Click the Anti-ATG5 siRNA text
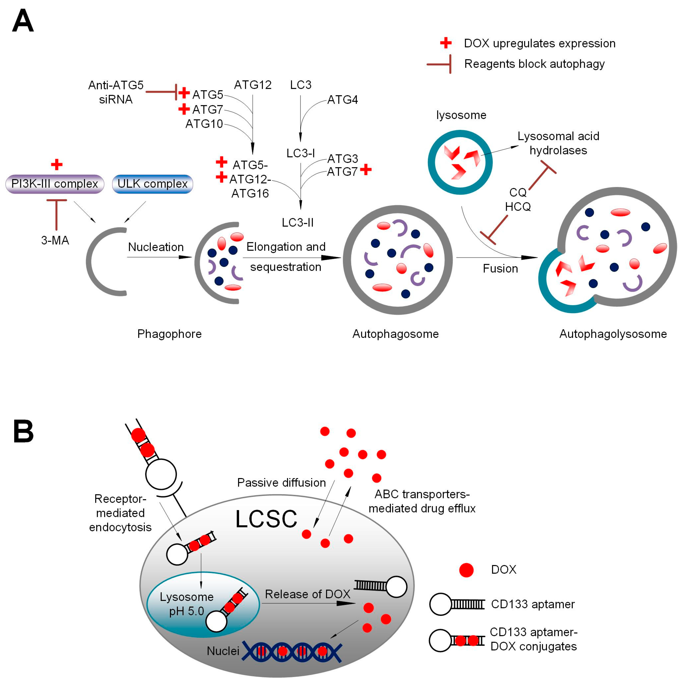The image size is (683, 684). click(x=116, y=92)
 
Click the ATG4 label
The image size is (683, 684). click(x=342, y=100)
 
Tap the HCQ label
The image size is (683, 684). click(x=518, y=207)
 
